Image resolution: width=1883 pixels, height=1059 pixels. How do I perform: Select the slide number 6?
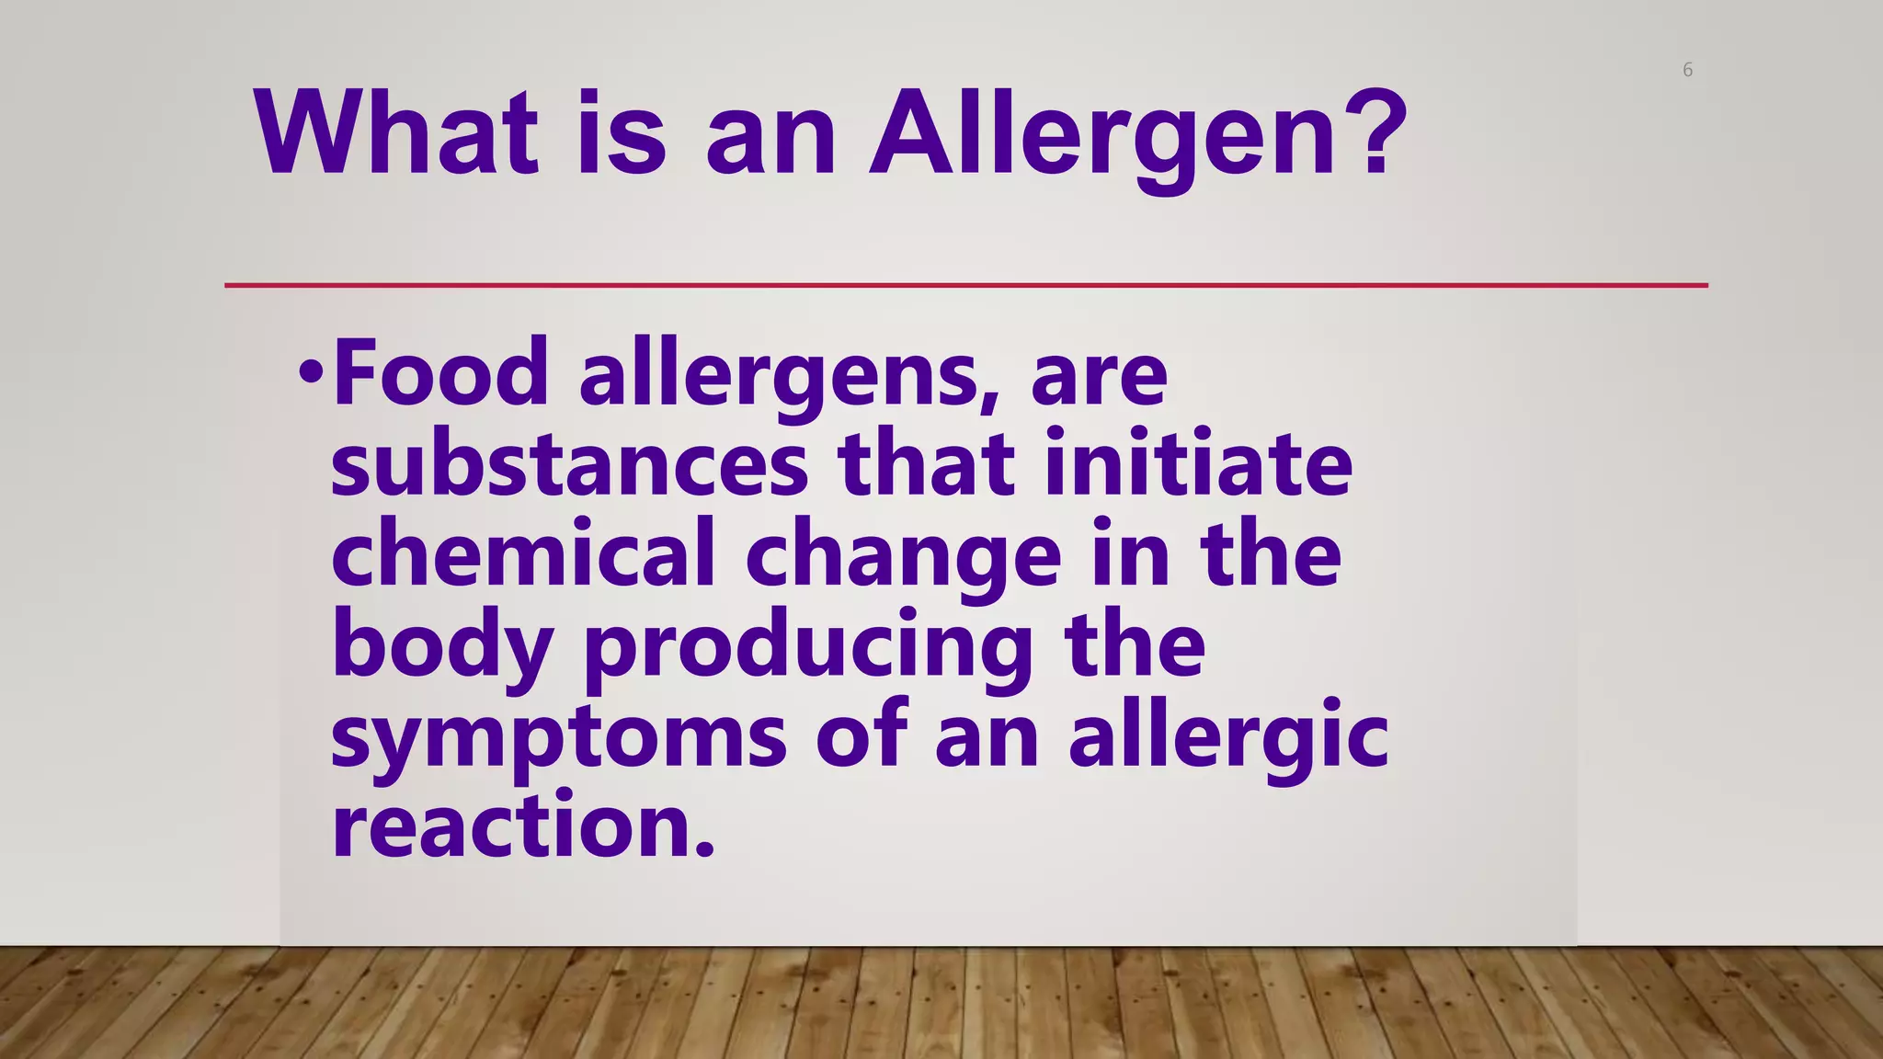tap(1687, 70)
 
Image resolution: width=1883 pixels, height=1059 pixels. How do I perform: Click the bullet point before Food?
tap(311, 372)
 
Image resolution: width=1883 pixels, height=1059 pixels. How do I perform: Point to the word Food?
tap(440, 372)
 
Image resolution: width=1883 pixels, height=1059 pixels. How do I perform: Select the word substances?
tap(569, 464)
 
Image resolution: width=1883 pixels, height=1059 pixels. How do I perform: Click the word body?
tap(441, 647)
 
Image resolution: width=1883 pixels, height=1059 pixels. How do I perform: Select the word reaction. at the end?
tap(522, 826)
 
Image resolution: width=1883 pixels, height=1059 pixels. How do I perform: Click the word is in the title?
tap(621, 134)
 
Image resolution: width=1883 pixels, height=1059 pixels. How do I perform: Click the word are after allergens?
tap(1099, 377)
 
